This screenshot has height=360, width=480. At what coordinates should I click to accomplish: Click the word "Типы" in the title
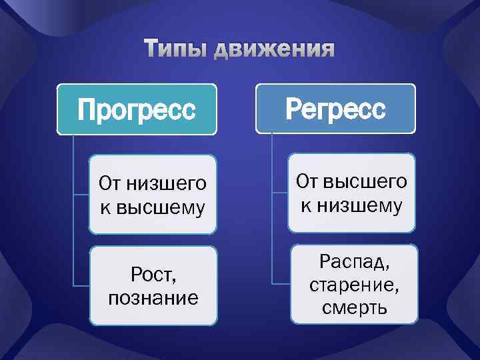pos(175,49)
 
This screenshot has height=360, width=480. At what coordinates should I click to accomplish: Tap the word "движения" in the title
pos(275,50)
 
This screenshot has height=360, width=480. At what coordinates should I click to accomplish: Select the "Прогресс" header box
pos(137,109)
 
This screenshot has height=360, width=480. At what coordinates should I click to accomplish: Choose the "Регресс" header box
pos(335,108)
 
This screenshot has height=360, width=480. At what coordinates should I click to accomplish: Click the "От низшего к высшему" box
pos(153,194)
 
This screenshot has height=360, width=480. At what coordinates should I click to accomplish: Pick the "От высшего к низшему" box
pos(351,193)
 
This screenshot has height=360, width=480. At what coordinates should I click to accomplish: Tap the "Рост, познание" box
pos(153,286)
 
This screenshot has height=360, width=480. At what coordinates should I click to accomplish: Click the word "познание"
pos(153,297)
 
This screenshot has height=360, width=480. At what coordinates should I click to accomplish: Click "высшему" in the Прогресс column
pos(161,207)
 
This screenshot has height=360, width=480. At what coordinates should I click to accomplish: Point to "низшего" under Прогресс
pos(169,182)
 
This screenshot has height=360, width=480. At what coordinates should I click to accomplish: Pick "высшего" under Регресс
pos(368,181)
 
